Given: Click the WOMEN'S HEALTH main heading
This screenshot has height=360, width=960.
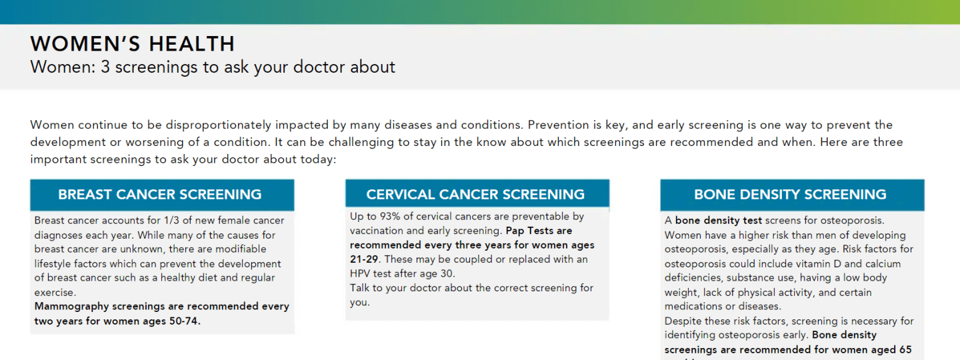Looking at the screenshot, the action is [133, 44].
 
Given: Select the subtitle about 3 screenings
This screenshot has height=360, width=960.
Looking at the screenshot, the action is [213, 67].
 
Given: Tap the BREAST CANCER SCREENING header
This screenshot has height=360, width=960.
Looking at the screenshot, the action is [160, 195].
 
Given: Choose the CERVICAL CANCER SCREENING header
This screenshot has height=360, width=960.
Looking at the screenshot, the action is [475, 195].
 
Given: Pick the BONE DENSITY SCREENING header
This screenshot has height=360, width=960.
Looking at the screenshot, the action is [790, 195].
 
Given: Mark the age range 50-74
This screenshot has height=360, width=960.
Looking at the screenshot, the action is [185, 321].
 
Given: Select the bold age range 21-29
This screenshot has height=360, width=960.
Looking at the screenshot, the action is [364, 259].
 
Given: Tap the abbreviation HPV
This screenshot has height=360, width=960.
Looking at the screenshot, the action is [360, 273].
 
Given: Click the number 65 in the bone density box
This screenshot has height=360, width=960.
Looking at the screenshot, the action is [905, 350].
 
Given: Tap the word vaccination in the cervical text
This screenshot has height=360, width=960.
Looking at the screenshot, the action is [376, 231].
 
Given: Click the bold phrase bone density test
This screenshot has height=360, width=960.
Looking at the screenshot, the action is [718, 221].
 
